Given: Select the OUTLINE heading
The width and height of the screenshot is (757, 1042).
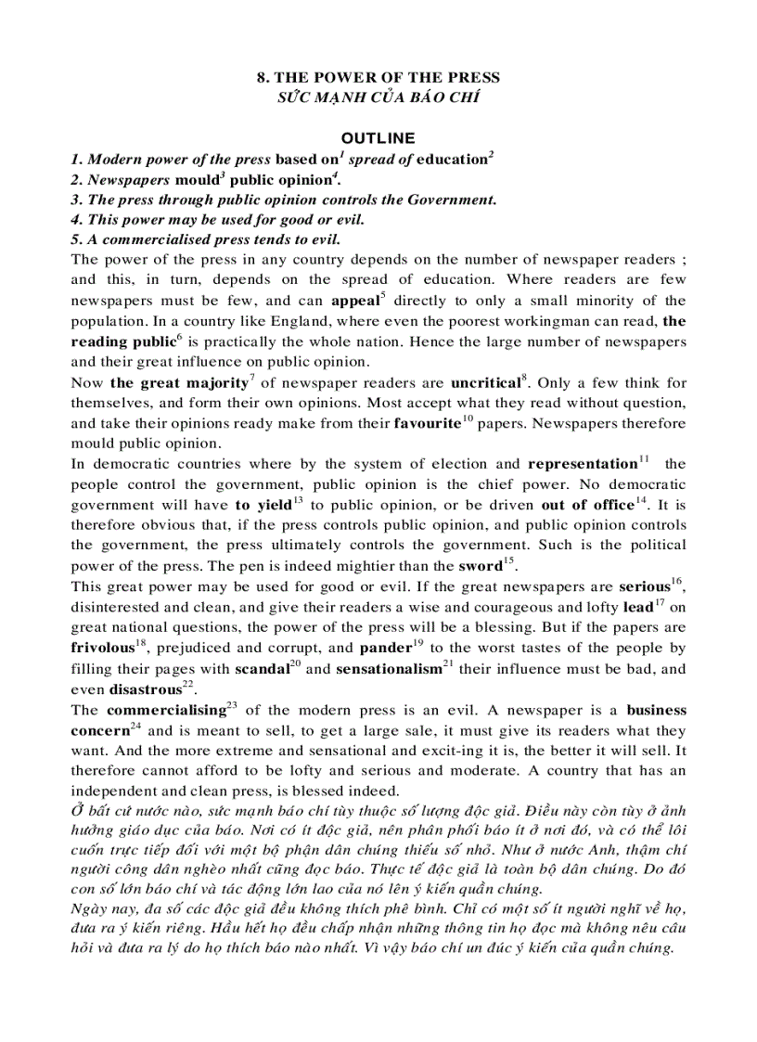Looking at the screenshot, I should [x=378, y=138].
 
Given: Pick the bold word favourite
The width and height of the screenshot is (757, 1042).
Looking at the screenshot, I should [x=427, y=423].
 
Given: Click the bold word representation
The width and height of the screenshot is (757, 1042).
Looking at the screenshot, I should [x=582, y=464].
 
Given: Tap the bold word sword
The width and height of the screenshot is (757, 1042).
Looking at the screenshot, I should [x=480, y=565].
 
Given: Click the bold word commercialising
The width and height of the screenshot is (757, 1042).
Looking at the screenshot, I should [x=161, y=710].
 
